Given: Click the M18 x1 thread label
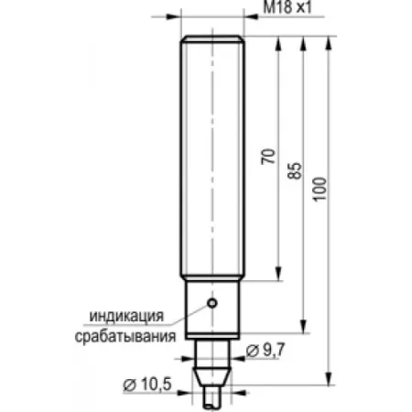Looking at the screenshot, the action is point(287,7).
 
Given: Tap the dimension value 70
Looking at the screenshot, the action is point(268,157).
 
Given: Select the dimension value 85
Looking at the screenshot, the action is point(295,170).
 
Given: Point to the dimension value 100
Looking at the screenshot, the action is point(320,189).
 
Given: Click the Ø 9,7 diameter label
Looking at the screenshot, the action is point(266,350).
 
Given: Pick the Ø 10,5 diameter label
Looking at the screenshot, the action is point(147,385).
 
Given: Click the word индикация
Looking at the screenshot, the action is point(126,316).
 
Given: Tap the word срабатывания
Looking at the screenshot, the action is point(125,336).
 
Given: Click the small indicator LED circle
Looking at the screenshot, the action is point(212,303).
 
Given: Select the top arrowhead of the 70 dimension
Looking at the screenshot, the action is point(278,43).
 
